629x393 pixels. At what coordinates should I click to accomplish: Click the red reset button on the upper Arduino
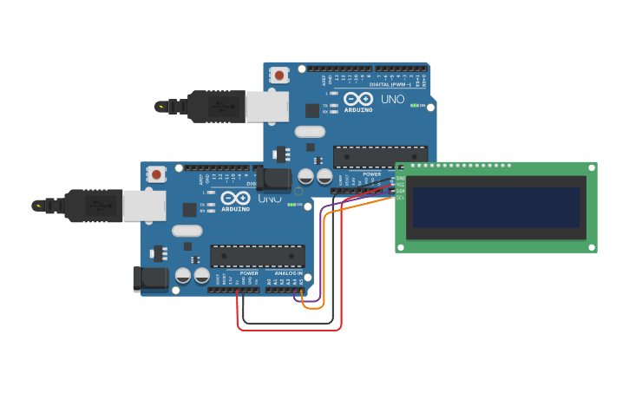[279, 75]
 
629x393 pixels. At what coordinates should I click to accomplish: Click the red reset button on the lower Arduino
[156, 174]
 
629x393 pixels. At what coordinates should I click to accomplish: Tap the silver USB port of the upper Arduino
[266, 107]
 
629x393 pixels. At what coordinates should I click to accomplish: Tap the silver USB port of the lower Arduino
[144, 206]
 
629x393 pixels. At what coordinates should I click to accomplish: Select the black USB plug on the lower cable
[93, 206]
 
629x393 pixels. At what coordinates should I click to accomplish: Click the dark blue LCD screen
[495, 207]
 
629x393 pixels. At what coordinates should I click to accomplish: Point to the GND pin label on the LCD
[400, 179]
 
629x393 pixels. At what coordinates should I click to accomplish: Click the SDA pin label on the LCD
[400, 191]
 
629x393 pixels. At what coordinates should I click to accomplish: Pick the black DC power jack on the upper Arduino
[276, 180]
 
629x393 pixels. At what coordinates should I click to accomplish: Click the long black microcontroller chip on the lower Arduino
[257, 256]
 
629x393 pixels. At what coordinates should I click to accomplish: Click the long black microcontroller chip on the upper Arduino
[380, 156]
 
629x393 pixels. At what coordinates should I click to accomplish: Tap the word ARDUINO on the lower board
[235, 209]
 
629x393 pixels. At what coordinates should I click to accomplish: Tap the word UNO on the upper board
[393, 100]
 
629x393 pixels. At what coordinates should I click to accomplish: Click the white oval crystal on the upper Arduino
[310, 132]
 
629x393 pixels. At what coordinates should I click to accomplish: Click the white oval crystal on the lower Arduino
[187, 231]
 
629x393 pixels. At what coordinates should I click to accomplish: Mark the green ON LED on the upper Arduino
[416, 106]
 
